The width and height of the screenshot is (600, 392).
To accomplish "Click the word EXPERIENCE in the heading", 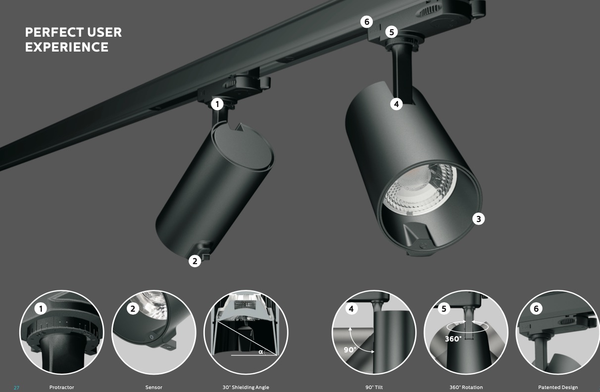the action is click(67, 47).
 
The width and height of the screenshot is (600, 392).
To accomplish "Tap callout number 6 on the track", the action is click(366, 22).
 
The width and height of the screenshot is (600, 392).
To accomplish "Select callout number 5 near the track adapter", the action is click(392, 32).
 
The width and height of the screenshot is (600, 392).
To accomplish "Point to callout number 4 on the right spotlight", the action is click(397, 104).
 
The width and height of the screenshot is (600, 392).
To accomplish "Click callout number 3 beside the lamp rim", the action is click(478, 219).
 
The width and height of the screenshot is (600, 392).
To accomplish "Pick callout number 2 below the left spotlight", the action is click(195, 261).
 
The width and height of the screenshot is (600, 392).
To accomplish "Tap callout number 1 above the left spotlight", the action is click(217, 104).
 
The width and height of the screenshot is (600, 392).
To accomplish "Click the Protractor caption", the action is click(61, 387).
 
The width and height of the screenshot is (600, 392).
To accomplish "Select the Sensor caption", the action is click(154, 387).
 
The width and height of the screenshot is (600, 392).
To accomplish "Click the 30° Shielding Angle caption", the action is click(246, 387).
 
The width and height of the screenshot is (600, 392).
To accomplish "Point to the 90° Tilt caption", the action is click(374, 387).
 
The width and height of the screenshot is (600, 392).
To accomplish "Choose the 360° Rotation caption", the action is click(466, 387).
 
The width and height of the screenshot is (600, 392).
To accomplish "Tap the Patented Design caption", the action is click(558, 387).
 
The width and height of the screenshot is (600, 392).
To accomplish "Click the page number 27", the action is click(17, 388).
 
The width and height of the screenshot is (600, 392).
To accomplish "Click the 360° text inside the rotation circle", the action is click(453, 339).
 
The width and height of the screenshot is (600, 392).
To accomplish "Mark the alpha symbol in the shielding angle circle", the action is click(260, 352).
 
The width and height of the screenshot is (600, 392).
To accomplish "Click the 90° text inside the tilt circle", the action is click(350, 350).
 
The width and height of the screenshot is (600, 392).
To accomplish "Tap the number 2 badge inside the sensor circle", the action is click(133, 309).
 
